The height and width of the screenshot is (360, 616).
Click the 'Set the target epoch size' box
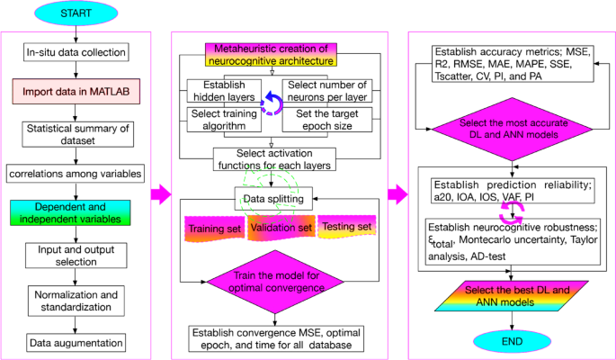321,120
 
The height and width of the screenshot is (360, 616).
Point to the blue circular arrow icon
272,105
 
